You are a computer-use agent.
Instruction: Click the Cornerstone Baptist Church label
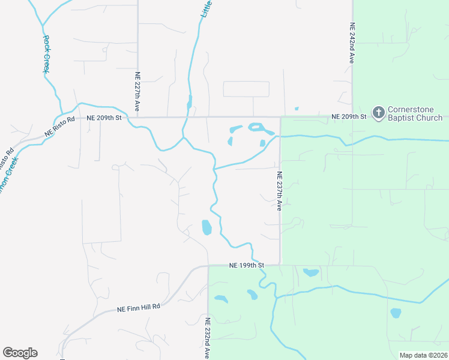[x=415, y=113]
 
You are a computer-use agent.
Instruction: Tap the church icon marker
[x=378, y=112]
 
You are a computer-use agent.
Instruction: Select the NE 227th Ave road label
[x=137, y=91]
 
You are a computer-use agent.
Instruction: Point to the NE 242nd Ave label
[x=352, y=44]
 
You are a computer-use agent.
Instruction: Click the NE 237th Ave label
[x=280, y=191]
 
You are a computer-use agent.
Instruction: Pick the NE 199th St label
[x=246, y=265]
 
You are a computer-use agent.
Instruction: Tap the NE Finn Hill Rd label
[x=139, y=307]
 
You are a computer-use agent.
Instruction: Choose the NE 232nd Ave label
[x=208, y=338]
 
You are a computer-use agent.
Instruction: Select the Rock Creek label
[x=46, y=54]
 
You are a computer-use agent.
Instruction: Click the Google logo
[x=20, y=353]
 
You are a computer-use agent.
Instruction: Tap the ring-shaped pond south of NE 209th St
[x=256, y=127]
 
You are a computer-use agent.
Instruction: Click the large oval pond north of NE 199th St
[x=206, y=227]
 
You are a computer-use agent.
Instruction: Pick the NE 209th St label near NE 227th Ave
[x=104, y=118]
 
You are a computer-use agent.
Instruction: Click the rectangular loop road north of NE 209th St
[x=246, y=89]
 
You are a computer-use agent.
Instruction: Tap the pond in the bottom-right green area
[x=396, y=313]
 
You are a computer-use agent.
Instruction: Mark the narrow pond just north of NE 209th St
[x=190, y=102]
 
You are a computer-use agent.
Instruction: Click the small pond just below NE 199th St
[x=311, y=272]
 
